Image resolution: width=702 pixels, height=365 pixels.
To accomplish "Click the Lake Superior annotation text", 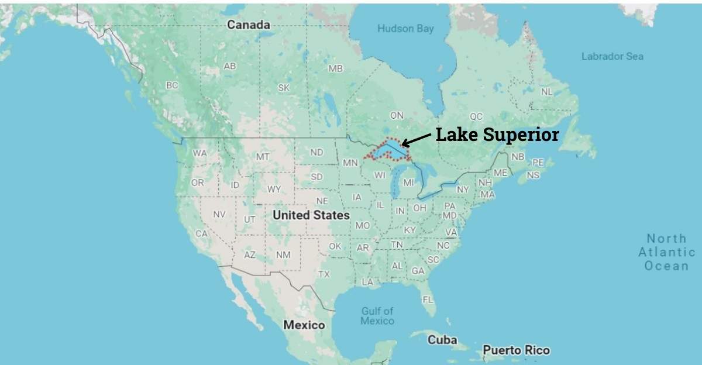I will click(497, 135).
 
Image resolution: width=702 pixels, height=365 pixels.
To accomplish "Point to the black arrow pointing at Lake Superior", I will click(417, 139).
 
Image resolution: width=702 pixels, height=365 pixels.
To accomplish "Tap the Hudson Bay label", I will click(405, 29).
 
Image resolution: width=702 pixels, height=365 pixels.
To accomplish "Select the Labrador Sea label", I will click(612, 56).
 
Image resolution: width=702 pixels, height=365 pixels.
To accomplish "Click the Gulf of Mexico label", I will click(377, 316).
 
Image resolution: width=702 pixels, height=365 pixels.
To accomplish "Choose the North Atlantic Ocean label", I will click(667, 252).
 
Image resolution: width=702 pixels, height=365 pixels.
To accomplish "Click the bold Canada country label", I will click(249, 25).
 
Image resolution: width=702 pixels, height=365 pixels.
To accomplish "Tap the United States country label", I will click(311, 215).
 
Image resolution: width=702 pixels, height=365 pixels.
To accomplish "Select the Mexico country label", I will click(304, 325).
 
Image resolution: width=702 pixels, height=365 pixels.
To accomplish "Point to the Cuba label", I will click(442, 340).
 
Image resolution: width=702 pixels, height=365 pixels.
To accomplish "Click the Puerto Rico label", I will click(516, 350).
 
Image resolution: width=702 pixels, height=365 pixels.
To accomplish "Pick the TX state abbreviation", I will click(324, 274).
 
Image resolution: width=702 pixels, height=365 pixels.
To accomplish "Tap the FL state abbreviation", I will click(428, 299).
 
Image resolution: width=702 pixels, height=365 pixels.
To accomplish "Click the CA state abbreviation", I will click(201, 233).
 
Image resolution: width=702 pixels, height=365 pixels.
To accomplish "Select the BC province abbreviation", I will click(171, 85).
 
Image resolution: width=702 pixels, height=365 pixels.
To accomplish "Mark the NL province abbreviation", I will click(546, 92).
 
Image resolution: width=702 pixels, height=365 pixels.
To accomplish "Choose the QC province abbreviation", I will click(476, 116).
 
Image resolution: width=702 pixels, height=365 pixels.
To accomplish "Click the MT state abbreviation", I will click(263, 157).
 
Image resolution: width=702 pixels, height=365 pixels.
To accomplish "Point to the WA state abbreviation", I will click(200, 153).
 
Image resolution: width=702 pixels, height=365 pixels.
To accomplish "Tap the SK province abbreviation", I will click(284, 88).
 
